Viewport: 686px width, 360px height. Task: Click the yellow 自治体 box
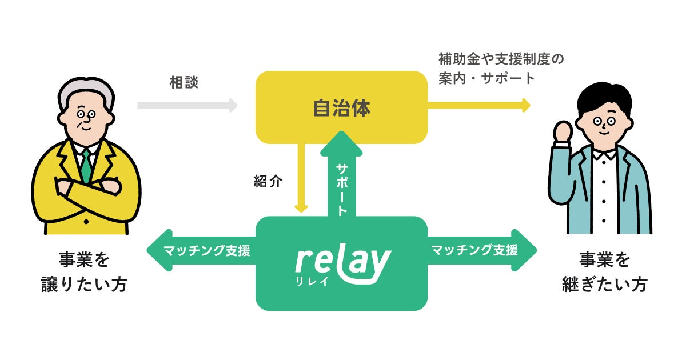tap(341, 107)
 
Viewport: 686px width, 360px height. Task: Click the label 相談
tap(184, 82)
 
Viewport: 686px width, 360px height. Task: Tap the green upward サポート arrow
tap(341, 177)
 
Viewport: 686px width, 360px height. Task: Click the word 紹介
tap(268, 181)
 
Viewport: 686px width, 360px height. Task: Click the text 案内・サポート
tap(486, 78)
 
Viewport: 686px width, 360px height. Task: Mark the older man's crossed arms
tap(86, 189)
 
